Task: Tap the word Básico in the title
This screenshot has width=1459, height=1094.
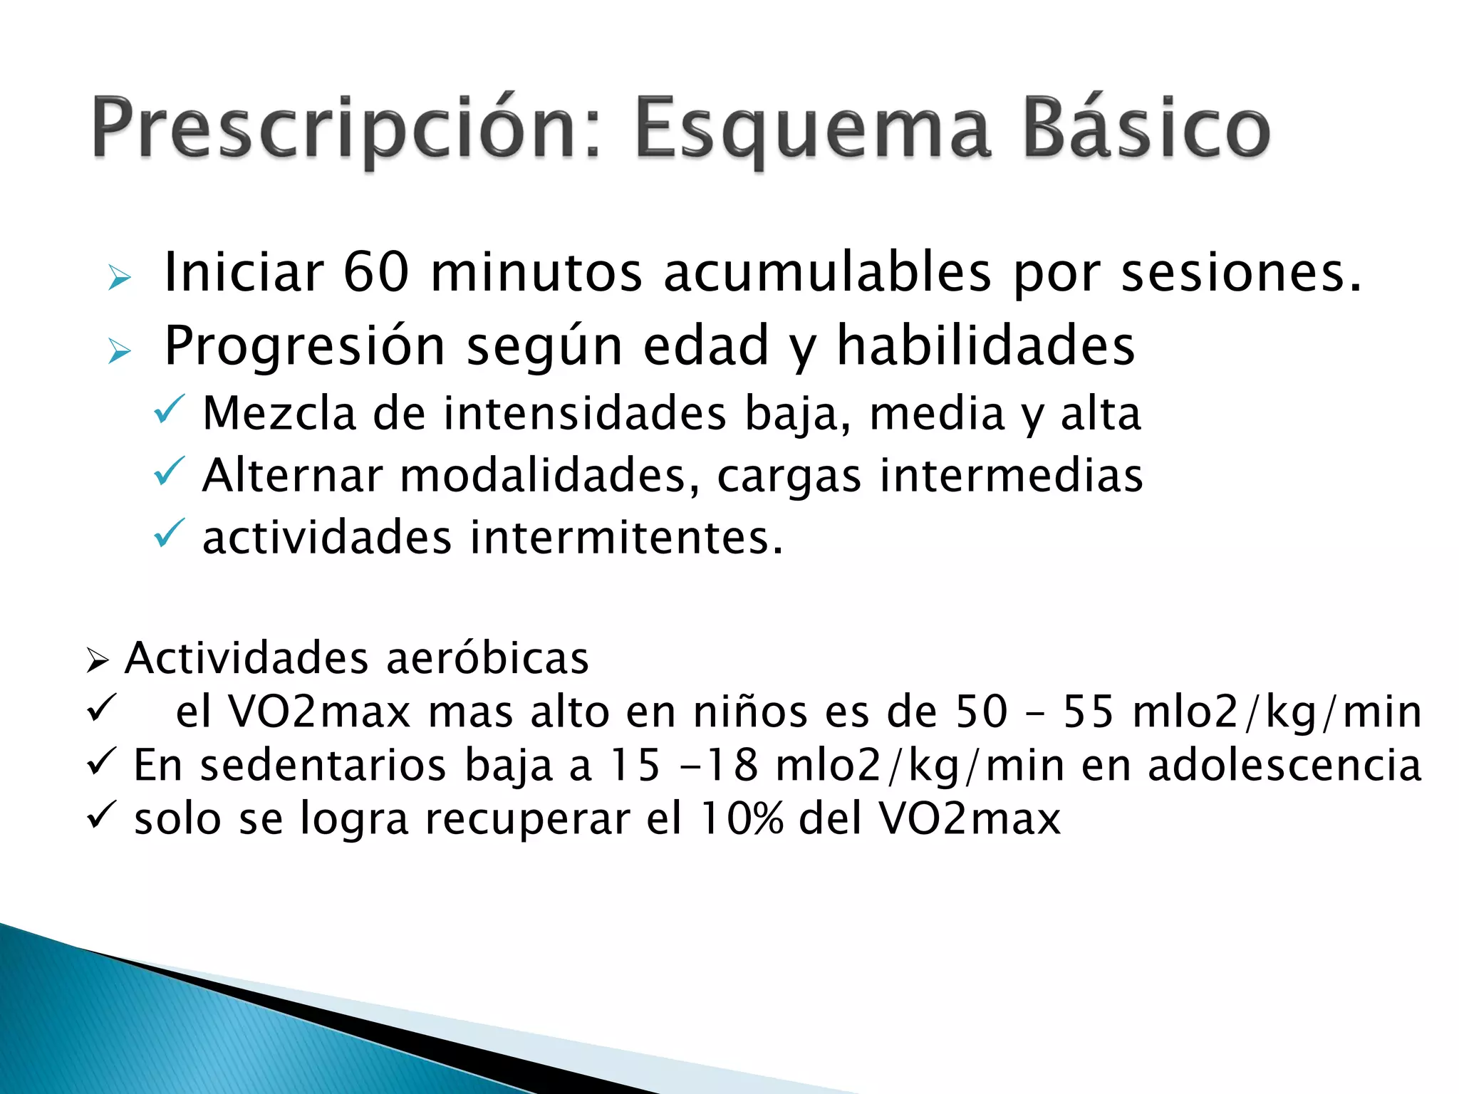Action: tap(1146, 128)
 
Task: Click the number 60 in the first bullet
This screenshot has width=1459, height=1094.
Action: tap(376, 272)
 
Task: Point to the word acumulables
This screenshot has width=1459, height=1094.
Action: tap(827, 272)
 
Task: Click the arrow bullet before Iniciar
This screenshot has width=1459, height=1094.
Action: tap(120, 278)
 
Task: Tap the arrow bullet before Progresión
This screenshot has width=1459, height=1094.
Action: tap(120, 351)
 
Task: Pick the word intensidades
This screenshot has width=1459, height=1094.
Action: tap(584, 413)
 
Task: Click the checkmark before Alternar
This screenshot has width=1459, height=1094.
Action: tap(169, 472)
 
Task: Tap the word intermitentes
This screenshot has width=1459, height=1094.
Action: tap(626, 537)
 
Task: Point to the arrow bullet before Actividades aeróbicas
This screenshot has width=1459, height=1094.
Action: tap(97, 661)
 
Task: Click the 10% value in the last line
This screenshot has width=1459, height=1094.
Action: tap(741, 818)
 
